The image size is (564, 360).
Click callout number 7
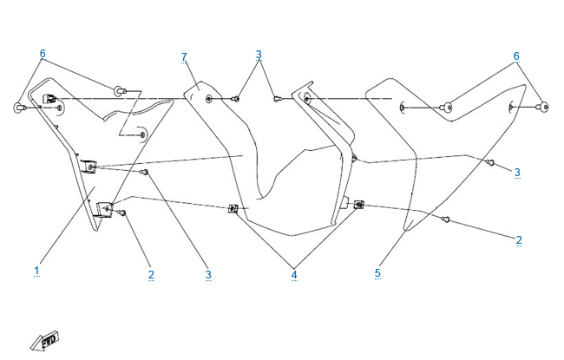[x=184, y=57]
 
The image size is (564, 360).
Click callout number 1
[x=36, y=271]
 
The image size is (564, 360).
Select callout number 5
[x=377, y=273]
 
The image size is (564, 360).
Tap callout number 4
[x=294, y=274]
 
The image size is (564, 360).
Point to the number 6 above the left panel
[x=42, y=54]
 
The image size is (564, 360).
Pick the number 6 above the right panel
[x=517, y=56]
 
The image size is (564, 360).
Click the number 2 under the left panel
[x=151, y=274]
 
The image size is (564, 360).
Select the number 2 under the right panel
[x=519, y=239]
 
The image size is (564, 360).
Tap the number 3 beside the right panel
[x=517, y=173]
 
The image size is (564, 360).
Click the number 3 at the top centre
[x=259, y=55]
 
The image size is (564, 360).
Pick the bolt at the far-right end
[x=544, y=108]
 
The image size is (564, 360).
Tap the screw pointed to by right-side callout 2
[x=446, y=219]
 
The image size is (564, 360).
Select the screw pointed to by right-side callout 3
[x=491, y=162]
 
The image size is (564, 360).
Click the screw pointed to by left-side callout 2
[x=123, y=213]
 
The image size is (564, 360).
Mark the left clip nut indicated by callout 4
[x=233, y=208]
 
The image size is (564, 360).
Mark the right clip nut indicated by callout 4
[x=359, y=205]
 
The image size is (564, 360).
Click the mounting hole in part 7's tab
[x=210, y=99]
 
